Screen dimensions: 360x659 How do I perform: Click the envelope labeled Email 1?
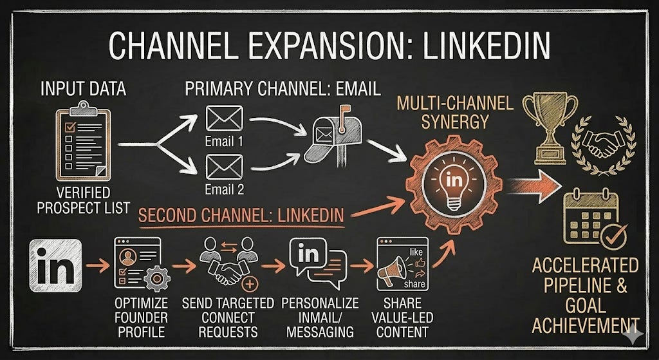[223, 120]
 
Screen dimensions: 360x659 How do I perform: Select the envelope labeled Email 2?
[223, 167]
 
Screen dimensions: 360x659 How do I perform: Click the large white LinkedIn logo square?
[55, 265]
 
